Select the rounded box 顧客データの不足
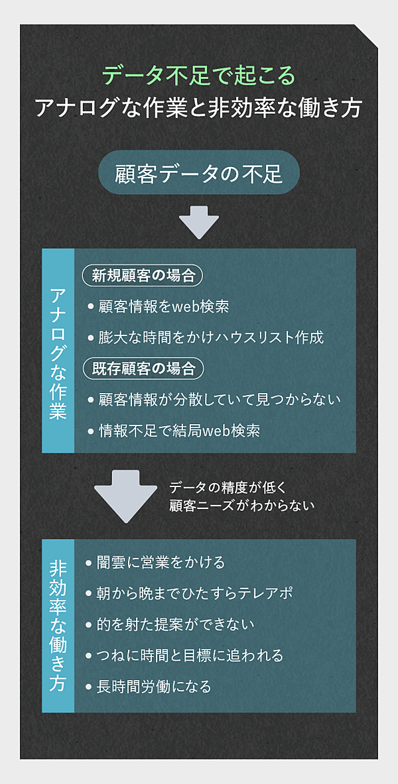[x=199, y=174]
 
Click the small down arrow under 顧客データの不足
[x=199, y=221]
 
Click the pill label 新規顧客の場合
[x=143, y=276]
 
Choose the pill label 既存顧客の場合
[x=143, y=368]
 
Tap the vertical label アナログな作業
[x=58, y=351]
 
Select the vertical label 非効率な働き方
[x=58, y=626]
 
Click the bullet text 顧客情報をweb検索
[x=163, y=307]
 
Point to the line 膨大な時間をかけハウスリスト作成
[x=211, y=337]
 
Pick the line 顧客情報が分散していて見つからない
[x=220, y=400]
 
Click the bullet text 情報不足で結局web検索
[x=179, y=431]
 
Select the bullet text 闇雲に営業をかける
[x=162, y=563]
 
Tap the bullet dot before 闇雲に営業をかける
[x=90, y=563]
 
